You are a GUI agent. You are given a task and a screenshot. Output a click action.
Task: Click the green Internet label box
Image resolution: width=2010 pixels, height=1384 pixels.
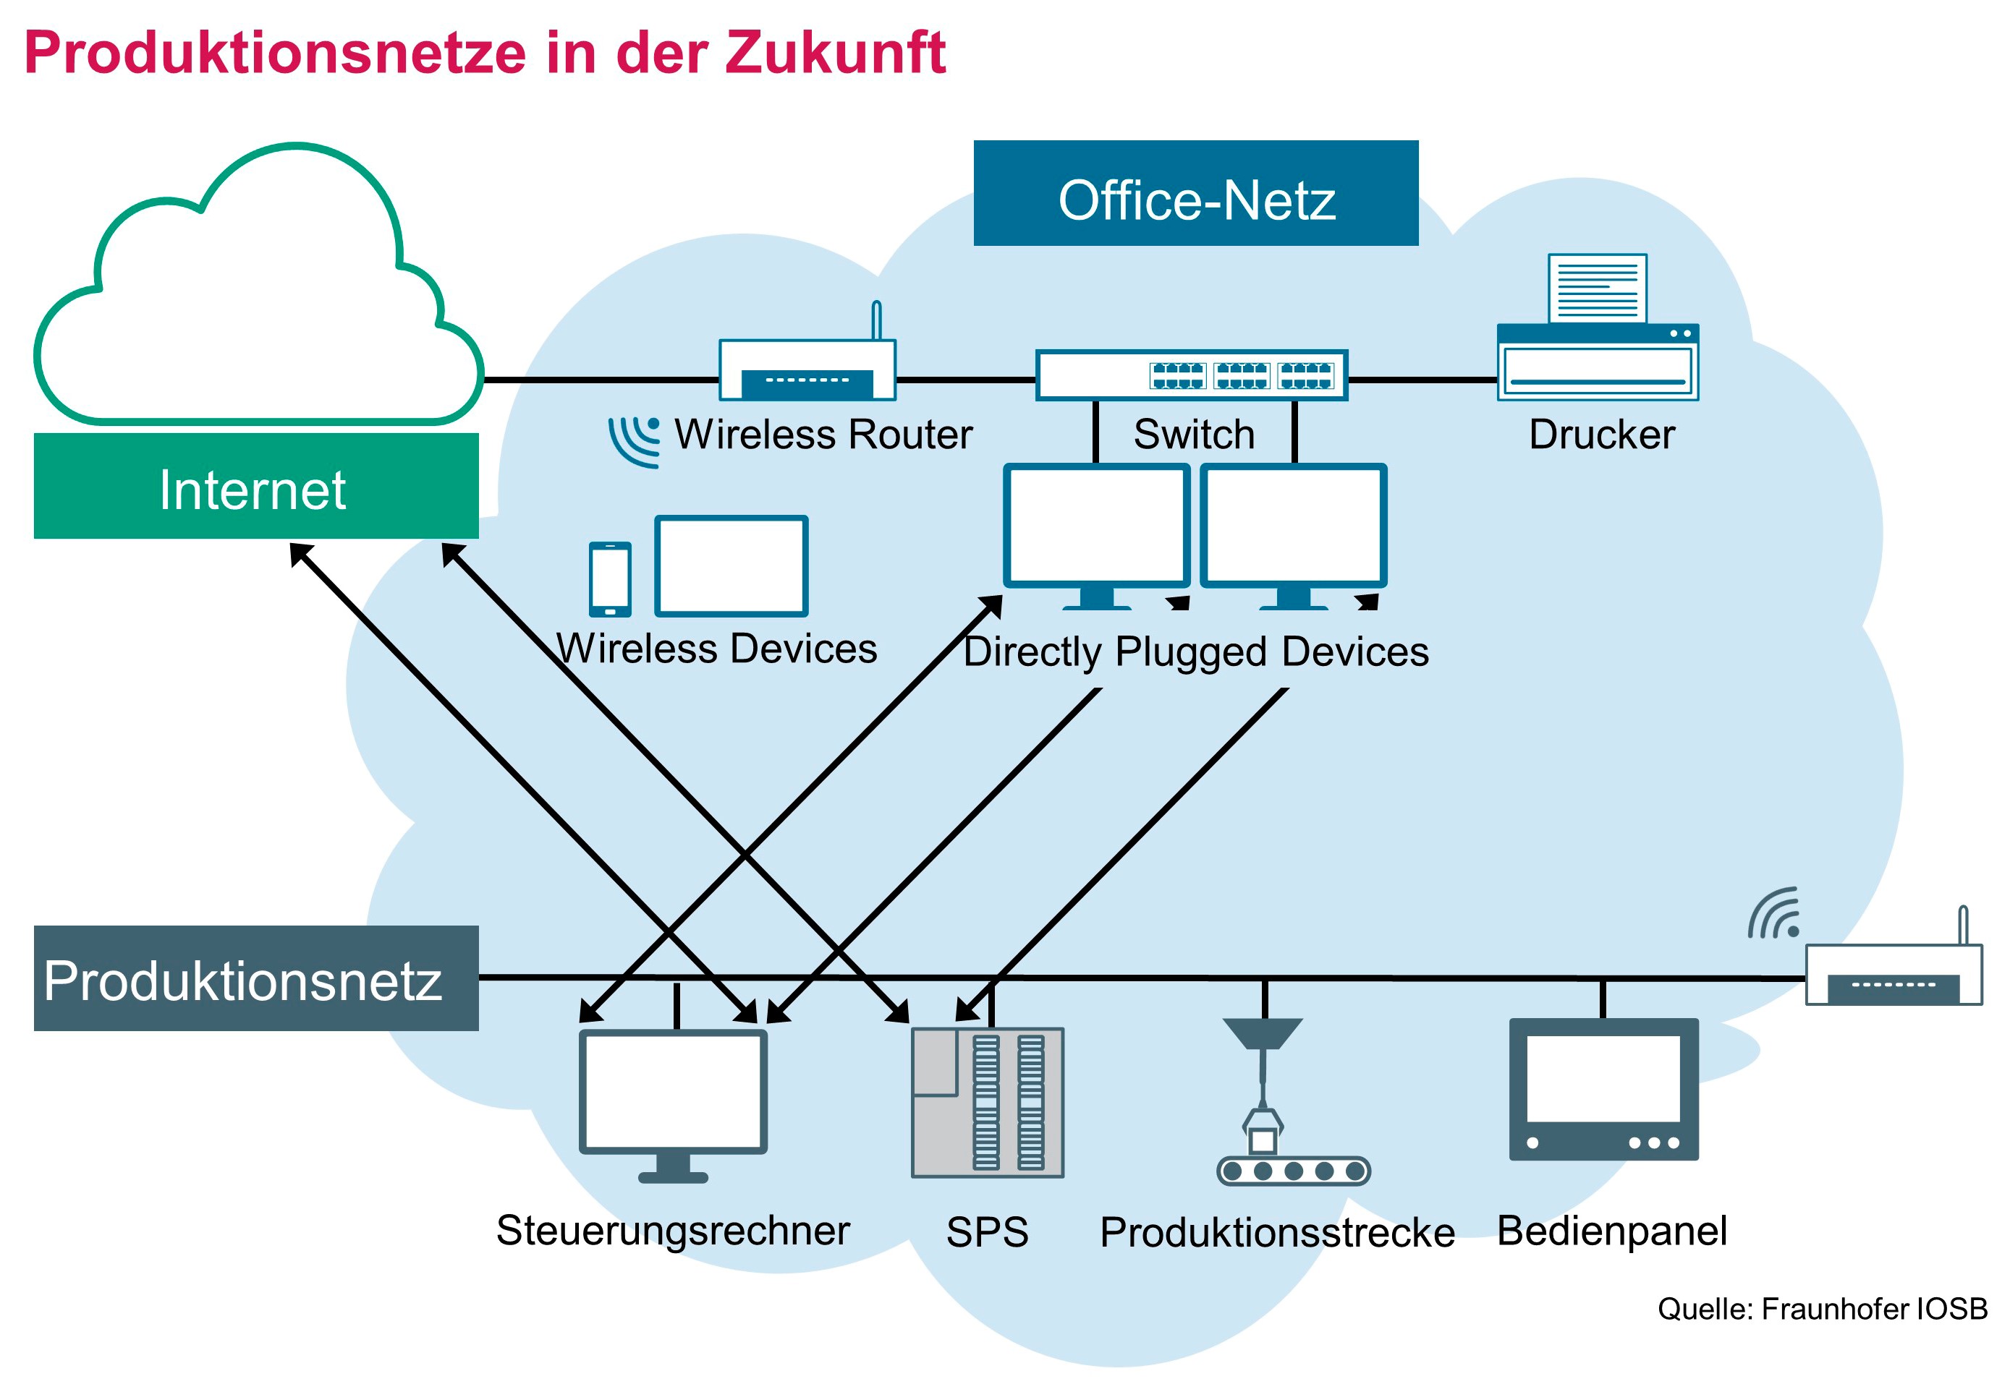pos(256,487)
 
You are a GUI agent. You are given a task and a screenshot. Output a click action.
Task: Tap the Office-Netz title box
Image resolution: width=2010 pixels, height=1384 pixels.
pos(1195,193)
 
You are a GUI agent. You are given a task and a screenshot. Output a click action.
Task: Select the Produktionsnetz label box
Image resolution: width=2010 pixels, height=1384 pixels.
pos(256,978)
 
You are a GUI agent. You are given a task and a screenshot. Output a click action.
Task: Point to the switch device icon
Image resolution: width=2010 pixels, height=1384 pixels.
pos(1191,375)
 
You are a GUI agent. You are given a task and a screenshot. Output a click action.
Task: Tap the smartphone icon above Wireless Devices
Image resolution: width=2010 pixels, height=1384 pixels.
pos(610,578)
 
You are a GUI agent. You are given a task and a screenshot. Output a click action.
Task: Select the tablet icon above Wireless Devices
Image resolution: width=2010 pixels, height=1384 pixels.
pos(731,565)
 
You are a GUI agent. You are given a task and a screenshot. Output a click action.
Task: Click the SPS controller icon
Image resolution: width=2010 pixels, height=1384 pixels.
pos(986,1102)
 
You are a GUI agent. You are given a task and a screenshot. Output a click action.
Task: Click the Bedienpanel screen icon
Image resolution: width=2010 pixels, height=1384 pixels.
pos(1603,1089)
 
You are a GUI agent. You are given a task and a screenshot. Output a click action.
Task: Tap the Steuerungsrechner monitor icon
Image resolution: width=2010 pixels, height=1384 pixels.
pos(672,1101)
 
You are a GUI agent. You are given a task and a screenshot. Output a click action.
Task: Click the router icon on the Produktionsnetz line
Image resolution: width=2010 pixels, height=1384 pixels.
pos(1893,972)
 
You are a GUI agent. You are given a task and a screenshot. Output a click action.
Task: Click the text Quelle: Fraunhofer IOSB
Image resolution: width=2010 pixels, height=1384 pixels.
pos(1821,1309)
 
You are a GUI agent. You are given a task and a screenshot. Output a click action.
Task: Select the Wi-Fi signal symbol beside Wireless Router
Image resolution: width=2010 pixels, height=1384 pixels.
pos(634,440)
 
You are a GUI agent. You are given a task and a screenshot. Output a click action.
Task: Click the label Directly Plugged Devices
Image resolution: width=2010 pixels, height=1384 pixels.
pos(1195,652)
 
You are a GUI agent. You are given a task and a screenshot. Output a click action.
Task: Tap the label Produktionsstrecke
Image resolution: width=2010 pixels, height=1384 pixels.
pos(1276,1232)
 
